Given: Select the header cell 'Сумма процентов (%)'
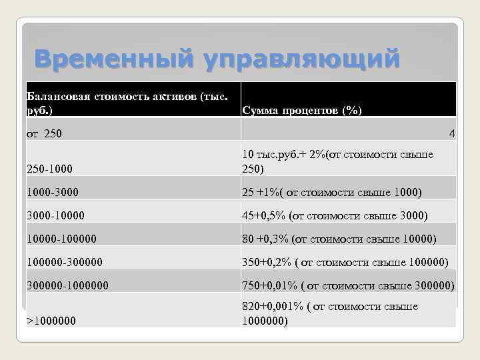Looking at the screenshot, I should point(301,111).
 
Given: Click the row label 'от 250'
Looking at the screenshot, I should point(44,134).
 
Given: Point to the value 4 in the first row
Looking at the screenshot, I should point(452,134).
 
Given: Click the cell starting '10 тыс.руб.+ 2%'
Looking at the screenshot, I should point(337,161).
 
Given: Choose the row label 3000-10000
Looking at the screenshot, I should point(55,215).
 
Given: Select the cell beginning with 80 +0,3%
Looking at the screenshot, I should point(339,239).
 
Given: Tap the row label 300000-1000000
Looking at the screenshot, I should point(67,285).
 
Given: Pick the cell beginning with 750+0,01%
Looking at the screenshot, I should point(347,285).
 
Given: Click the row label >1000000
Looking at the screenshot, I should point(51,321).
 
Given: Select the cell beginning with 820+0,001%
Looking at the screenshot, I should point(329,313).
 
